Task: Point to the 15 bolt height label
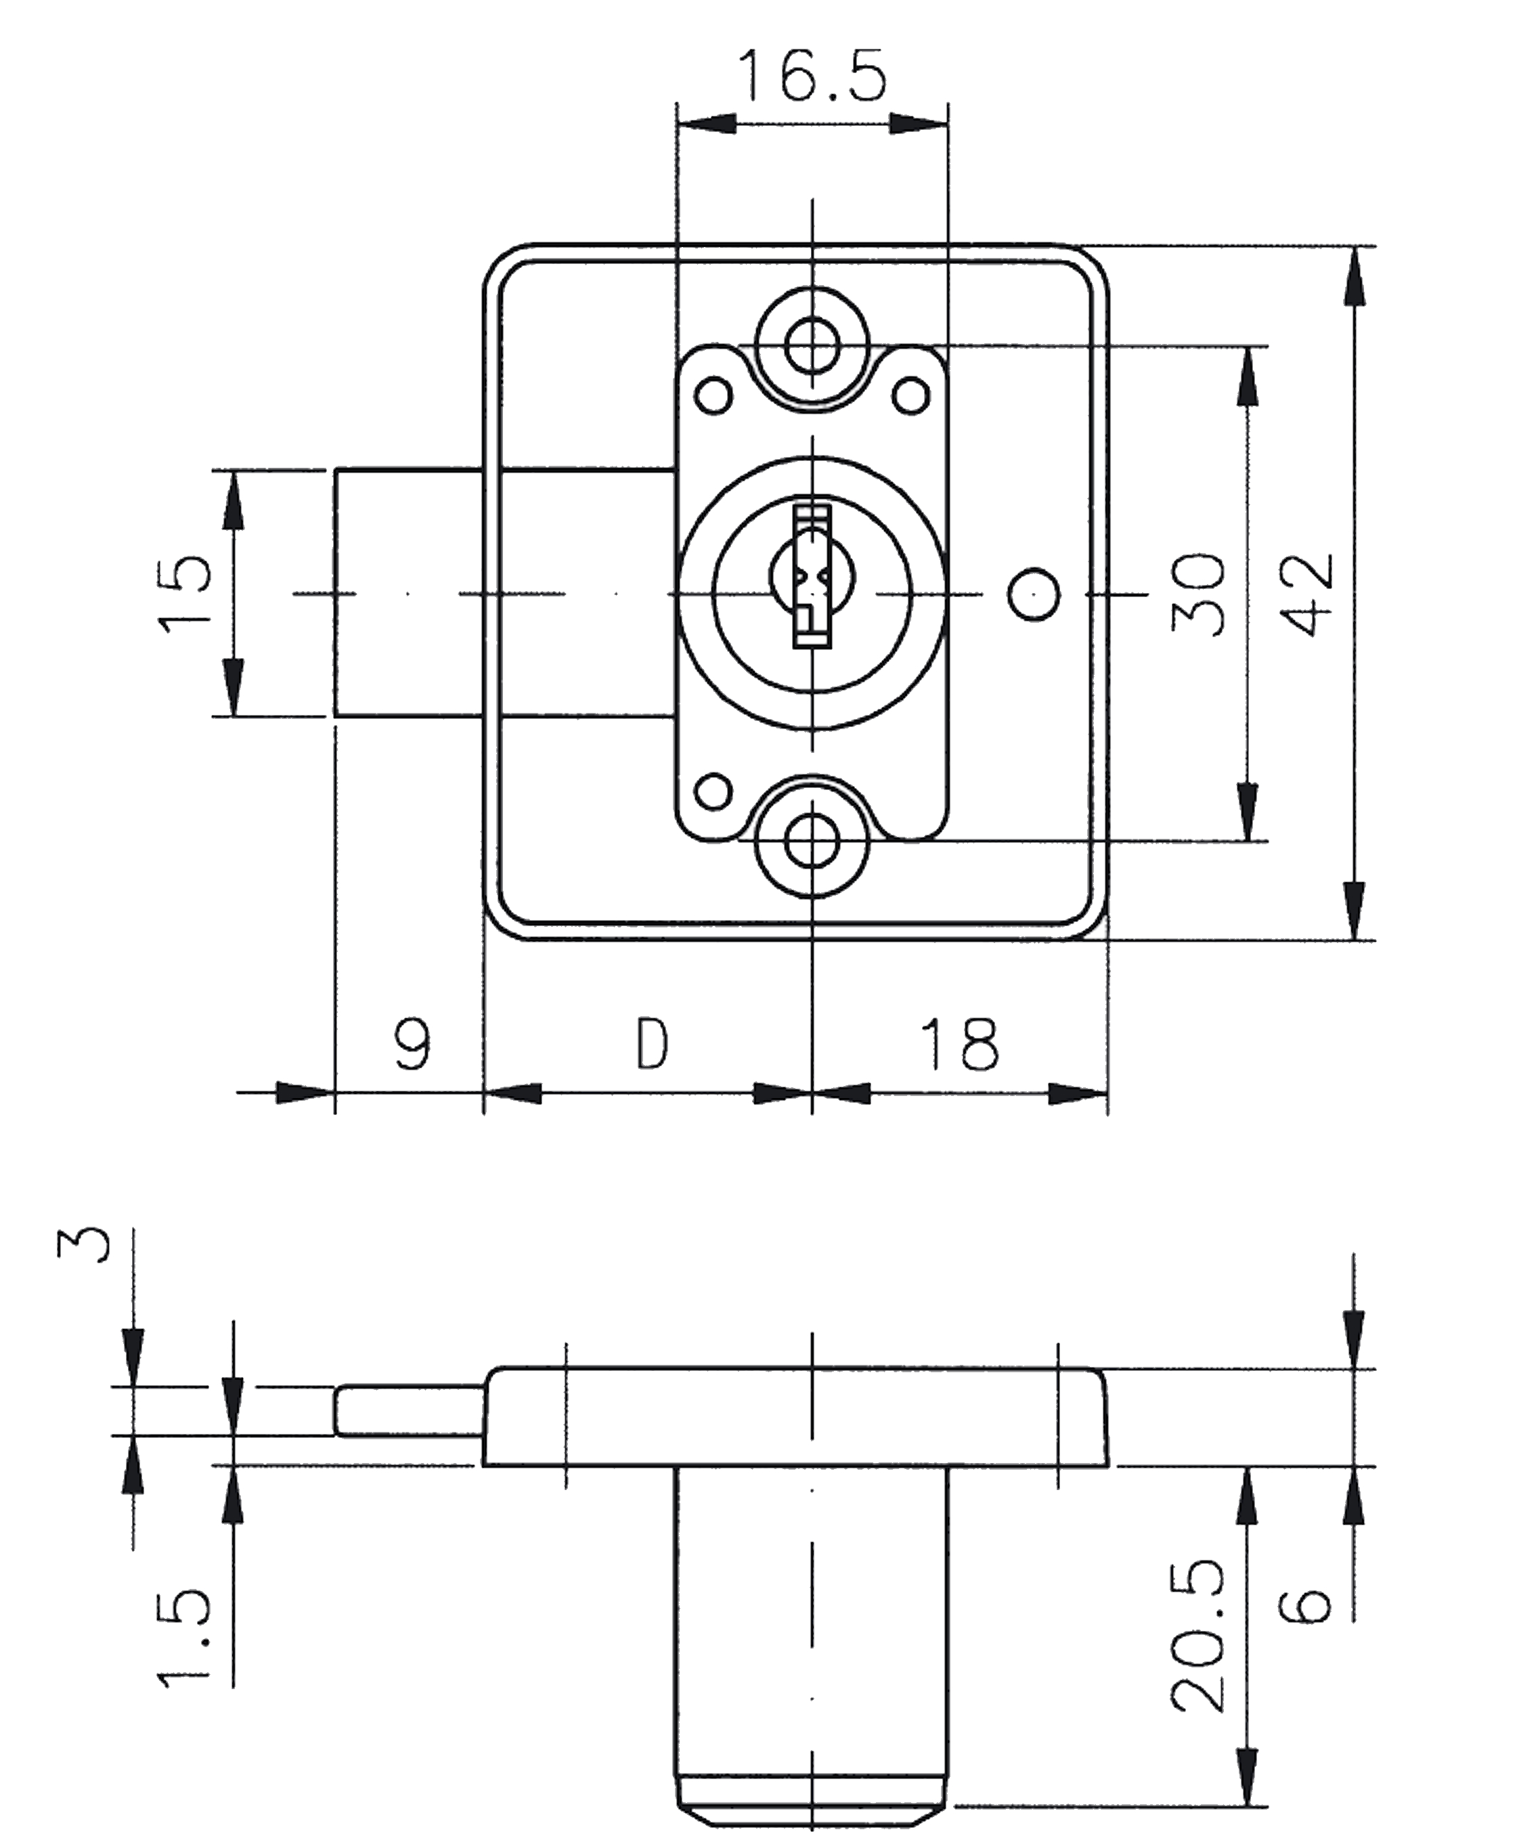(185, 593)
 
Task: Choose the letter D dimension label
(651, 1044)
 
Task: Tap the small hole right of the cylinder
(1034, 594)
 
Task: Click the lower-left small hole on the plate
(713, 792)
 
